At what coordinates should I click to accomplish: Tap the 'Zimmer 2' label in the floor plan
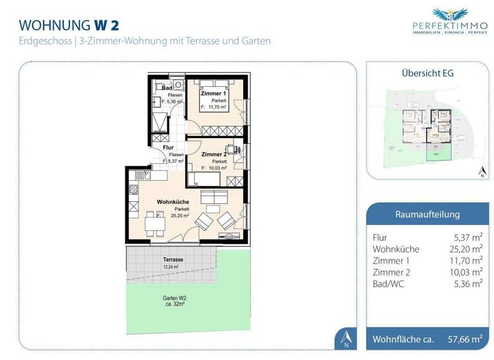pos(212,155)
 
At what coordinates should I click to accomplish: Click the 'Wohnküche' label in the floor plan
pos(172,202)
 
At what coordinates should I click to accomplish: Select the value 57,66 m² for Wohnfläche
pos(465,338)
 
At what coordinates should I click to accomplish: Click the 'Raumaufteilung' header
pos(427,214)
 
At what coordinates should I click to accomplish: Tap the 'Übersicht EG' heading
pos(427,73)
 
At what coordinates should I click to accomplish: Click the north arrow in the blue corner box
pos(345,336)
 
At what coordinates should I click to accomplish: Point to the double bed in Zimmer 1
pos(212,84)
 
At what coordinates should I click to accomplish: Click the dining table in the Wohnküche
pos(150,223)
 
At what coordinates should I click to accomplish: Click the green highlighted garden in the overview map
pos(438,152)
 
